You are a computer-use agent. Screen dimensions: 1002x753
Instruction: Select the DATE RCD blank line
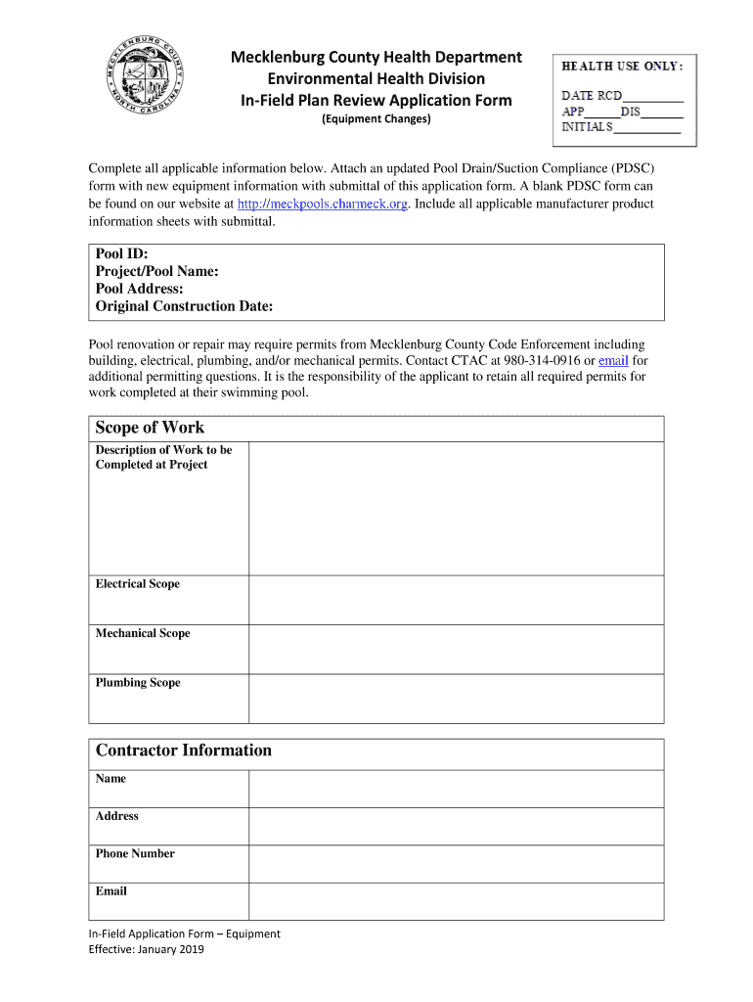click(653, 97)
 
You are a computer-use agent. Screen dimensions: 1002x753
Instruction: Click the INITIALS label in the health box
click(587, 127)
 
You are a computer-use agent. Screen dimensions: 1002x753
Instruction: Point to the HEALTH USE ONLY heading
click(622, 66)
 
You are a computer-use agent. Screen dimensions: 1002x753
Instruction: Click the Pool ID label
click(122, 253)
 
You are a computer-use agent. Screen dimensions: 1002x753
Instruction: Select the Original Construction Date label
click(184, 307)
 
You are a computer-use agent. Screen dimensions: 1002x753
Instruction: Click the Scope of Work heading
click(150, 428)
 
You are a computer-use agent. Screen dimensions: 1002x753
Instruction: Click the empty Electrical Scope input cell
click(456, 599)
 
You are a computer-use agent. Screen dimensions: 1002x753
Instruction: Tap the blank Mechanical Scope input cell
click(456, 649)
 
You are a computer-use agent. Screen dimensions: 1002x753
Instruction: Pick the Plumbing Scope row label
click(138, 683)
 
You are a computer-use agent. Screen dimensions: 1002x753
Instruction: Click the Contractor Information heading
click(184, 751)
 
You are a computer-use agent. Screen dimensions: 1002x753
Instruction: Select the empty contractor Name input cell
click(456, 788)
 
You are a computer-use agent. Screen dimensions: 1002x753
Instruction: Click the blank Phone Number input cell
click(456, 863)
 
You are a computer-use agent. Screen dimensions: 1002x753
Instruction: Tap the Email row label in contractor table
click(111, 891)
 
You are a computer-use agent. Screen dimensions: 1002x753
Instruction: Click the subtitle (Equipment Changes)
click(376, 119)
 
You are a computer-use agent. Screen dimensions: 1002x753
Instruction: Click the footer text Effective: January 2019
click(147, 949)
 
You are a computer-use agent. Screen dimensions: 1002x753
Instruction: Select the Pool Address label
click(140, 290)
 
